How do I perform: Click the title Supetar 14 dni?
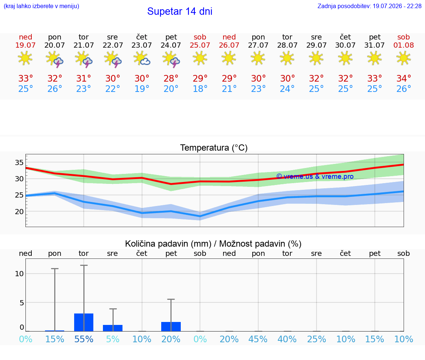click(180, 11)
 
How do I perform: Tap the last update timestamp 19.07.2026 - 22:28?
click(397, 6)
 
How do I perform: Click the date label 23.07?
click(142, 45)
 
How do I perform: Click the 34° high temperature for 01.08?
click(404, 78)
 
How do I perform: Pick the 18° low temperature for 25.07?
click(200, 89)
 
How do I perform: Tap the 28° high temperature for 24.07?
click(171, 78)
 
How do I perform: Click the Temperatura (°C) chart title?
click(214, 148)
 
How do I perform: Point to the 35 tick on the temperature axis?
click(19, 162)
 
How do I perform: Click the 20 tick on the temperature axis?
click(19, 212)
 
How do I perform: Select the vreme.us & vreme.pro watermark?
click(315, 176)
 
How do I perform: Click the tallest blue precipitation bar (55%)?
click(84, 322)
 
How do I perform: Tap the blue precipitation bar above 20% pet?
click(171, 327)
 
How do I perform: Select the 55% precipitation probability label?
click(84, 339)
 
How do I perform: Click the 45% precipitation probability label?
click(258, 339)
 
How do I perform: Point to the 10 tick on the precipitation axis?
click(19, 274)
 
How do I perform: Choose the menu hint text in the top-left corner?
click(41, 6)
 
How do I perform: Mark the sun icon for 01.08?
click(404, 58)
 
